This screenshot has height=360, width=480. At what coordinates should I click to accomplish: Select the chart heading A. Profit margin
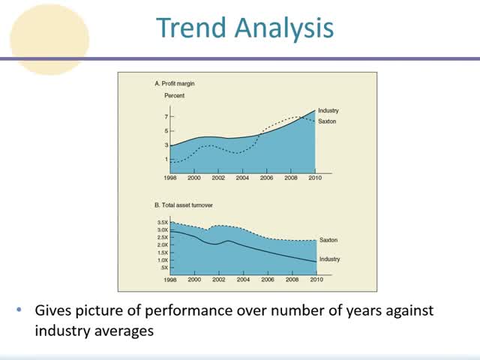tap(175, 83)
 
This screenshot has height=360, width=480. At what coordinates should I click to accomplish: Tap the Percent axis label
tap(174, 96)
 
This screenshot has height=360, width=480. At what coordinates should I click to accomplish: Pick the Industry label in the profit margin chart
tap(328, 111)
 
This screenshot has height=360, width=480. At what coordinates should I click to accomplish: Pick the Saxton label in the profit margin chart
tap(328, 121)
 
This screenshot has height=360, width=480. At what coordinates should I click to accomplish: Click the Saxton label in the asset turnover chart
tap(329, 240)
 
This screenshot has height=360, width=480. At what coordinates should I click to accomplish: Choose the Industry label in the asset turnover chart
tap(330, 259)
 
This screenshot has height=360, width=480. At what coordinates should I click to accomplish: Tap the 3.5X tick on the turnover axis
tap(163, 223)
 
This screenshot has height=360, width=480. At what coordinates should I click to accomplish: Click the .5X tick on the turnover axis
tap(164, 268)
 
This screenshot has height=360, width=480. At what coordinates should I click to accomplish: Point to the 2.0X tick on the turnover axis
tap(163, 245)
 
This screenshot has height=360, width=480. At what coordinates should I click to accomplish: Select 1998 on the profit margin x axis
tap(171, 178)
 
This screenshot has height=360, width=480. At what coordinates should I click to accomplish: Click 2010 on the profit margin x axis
tap(315, 178)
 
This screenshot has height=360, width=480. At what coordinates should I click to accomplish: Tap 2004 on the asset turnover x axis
tap(243, 280)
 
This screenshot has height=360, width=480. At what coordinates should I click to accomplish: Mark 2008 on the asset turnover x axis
tap(291, 280)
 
